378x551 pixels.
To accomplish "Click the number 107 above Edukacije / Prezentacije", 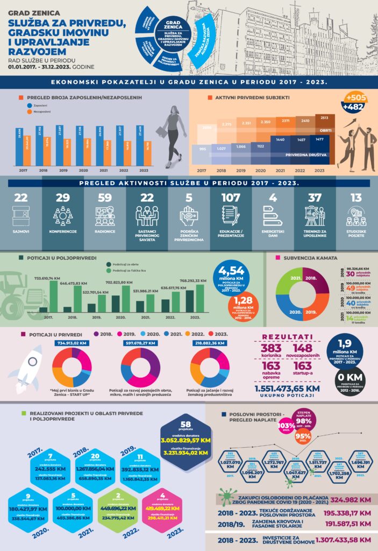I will pos(231,197).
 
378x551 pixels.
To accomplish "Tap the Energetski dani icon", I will pos(273,216).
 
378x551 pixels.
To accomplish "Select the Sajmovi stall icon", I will pos(21,216).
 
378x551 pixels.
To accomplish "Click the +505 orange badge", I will pos(356,98).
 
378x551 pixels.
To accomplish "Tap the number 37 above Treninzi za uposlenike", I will pos(315,197).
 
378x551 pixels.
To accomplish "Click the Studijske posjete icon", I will pos(356,216).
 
